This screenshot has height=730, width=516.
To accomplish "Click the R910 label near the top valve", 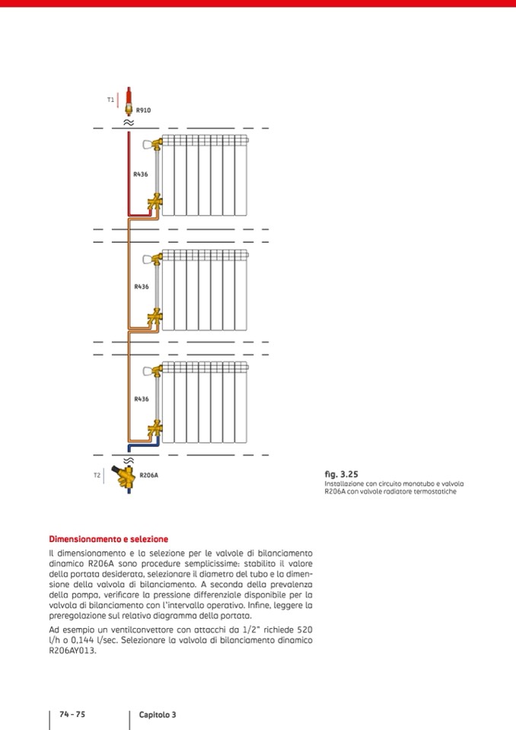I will point(143,110).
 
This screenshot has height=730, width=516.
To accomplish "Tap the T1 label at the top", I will point(110,100).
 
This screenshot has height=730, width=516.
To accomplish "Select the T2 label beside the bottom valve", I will point(97,475).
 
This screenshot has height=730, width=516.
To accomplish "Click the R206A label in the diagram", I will point(148,475).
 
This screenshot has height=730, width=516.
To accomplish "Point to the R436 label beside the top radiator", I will point(141,174).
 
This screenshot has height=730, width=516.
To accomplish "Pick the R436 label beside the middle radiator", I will point(141,287).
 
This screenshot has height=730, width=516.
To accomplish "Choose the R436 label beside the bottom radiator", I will point(141,399).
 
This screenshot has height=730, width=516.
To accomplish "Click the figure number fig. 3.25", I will point(341,473).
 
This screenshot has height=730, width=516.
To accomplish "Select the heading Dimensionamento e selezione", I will point(108,539).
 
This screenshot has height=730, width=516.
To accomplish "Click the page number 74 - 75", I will point(72,714).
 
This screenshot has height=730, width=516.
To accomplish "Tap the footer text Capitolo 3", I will point(158,714).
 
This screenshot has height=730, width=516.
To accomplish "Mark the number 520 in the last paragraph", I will point(302,630).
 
